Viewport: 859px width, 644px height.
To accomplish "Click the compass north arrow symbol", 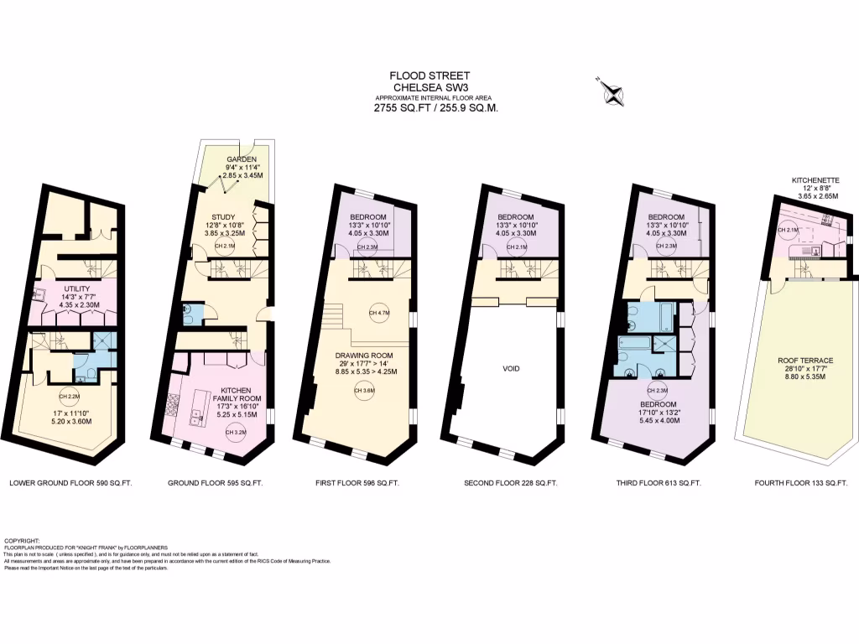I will pos(612,91).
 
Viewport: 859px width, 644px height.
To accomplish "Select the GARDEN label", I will pos(242,158).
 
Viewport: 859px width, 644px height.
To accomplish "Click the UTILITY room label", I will pos(78,288).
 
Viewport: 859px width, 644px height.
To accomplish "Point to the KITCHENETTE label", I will pos(815,179).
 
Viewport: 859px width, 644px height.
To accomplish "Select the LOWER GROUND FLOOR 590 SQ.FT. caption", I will pos(70,484).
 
